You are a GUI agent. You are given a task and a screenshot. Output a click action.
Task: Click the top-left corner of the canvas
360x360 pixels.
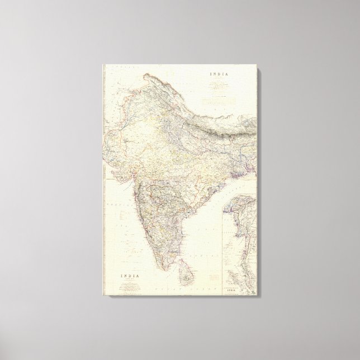point(102,64)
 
